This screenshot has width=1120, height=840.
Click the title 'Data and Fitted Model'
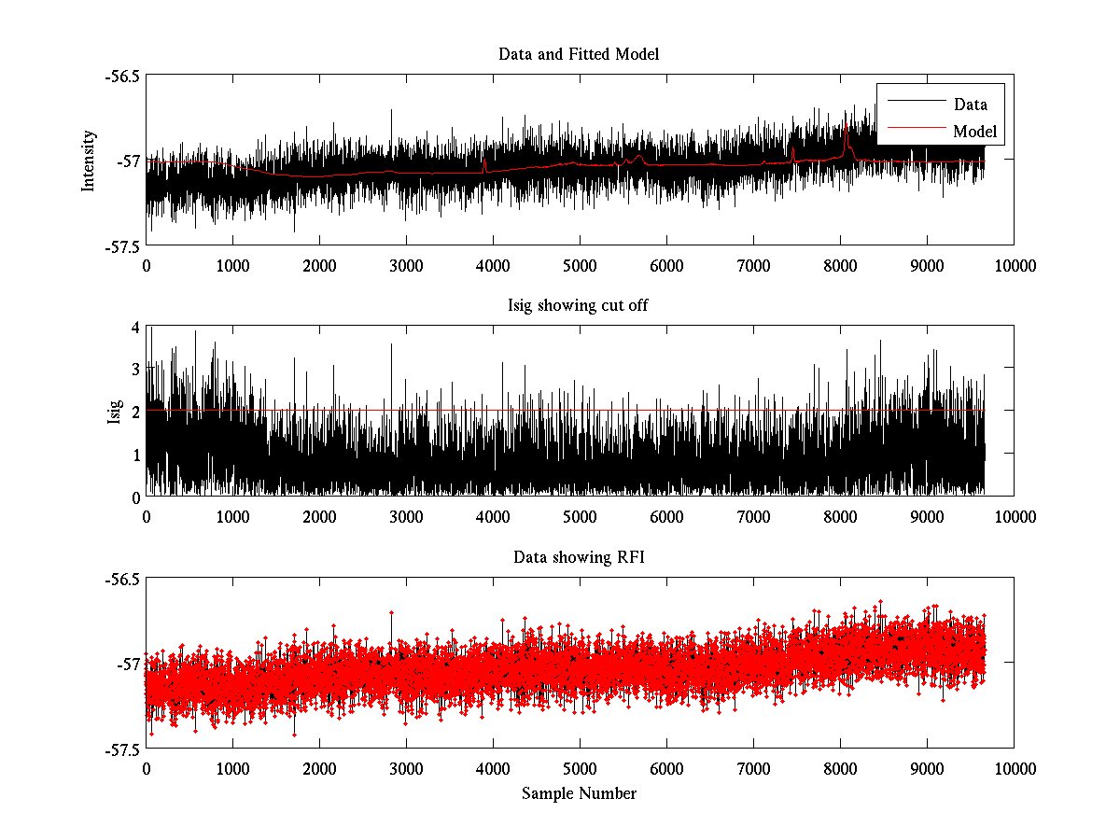579,54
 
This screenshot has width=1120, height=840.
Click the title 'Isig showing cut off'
579,306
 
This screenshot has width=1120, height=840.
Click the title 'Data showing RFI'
579,557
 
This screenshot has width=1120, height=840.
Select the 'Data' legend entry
970,105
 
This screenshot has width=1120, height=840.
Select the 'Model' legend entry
974,132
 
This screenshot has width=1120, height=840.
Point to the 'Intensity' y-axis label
89,160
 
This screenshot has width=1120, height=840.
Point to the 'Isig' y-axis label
114,412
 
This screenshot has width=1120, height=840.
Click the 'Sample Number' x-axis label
579,793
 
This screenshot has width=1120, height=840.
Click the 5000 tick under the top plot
580,265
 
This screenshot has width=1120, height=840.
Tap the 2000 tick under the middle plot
319,516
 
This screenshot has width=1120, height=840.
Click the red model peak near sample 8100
847,135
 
